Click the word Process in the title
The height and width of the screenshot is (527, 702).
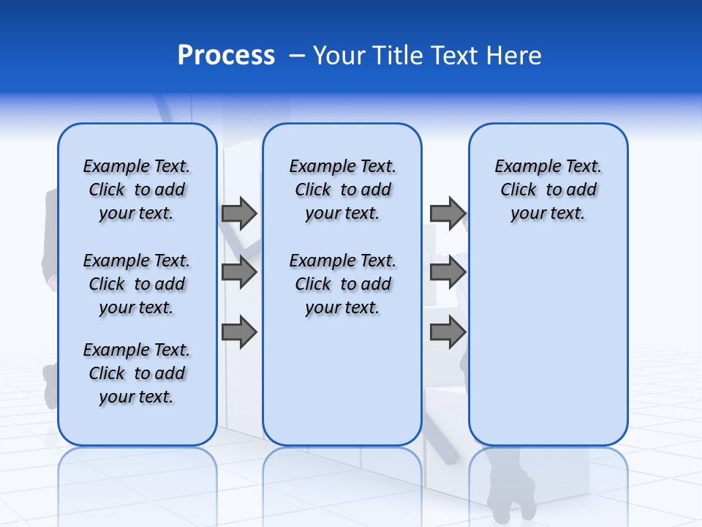[x=226, y=56]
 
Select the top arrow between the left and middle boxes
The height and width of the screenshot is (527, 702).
[x=239, y=213]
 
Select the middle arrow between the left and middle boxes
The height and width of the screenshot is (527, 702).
[x=239, y=273]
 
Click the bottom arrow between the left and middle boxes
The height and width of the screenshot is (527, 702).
[x=239, y=332]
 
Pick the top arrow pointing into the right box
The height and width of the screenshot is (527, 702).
[x=448, y=213]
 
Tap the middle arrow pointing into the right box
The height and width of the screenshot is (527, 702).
[x=448, y=273]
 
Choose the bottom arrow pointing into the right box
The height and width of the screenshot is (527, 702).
[x=448, y=332]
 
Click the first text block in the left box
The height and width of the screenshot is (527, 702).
[x=137, y=190]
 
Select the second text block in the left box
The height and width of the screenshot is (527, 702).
[x=137, y=284]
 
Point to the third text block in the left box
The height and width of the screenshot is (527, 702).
[x=137, y=373]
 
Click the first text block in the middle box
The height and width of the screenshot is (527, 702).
[x=342, y=190]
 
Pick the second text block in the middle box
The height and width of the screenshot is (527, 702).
[x=342, y=284]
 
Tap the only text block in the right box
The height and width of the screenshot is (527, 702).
[x=548, y=190]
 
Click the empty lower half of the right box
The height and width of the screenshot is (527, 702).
[x=548, y=351]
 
